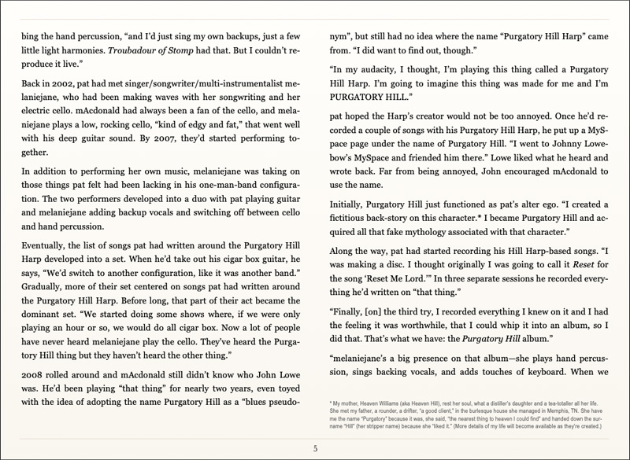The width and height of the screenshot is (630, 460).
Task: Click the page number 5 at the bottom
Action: click(x=315, y=449)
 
